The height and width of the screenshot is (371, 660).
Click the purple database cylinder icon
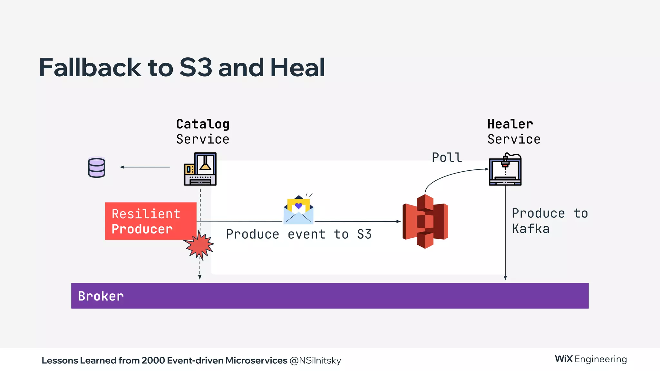(x=96, y=167)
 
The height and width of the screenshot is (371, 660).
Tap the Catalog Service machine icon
(x=200, y=169)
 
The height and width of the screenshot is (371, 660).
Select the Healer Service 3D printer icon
(x=505, y=169)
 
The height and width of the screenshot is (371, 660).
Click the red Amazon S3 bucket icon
(x=425, y=222)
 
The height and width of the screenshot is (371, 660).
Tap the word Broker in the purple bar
(x=101, y=296)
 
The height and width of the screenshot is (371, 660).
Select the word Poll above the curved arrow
(x=447, y=157)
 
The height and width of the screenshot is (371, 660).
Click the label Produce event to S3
(x=298, y=234)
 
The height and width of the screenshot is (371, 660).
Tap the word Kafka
(x=530, y=229)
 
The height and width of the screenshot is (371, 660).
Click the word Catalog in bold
(x=203, y=124)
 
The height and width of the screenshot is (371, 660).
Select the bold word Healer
(x=510, y=124)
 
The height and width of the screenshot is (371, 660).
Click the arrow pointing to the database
(x=145, y=167)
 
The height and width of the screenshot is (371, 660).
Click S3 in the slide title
(x=196, y=67)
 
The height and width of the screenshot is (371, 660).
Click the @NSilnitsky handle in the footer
(x=315, y=360)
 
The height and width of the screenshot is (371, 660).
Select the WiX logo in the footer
(x=564, y=359)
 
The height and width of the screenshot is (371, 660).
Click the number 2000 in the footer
(x=153, y=360)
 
